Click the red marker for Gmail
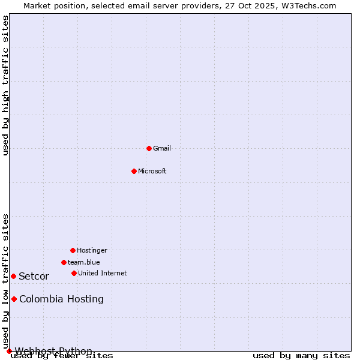point(149,148)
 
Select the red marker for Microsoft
point(134,171)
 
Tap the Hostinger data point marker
point(73,250)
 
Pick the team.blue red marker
point(64,262)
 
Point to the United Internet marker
point(74,273)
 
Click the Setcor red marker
point(13,276)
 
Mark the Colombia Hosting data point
point(14,299)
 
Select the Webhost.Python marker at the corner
point(9,351)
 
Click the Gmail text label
point(162,148)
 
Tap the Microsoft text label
point(152,171)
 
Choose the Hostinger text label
point(92,250)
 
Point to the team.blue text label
point(84,262)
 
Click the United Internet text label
point(103,273)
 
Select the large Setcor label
point(34,277)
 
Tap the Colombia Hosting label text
point(61,299)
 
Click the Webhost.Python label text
point(53,351)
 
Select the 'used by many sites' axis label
point(301,356)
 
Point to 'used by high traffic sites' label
point(6,85)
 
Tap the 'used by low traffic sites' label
point(6,281)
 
